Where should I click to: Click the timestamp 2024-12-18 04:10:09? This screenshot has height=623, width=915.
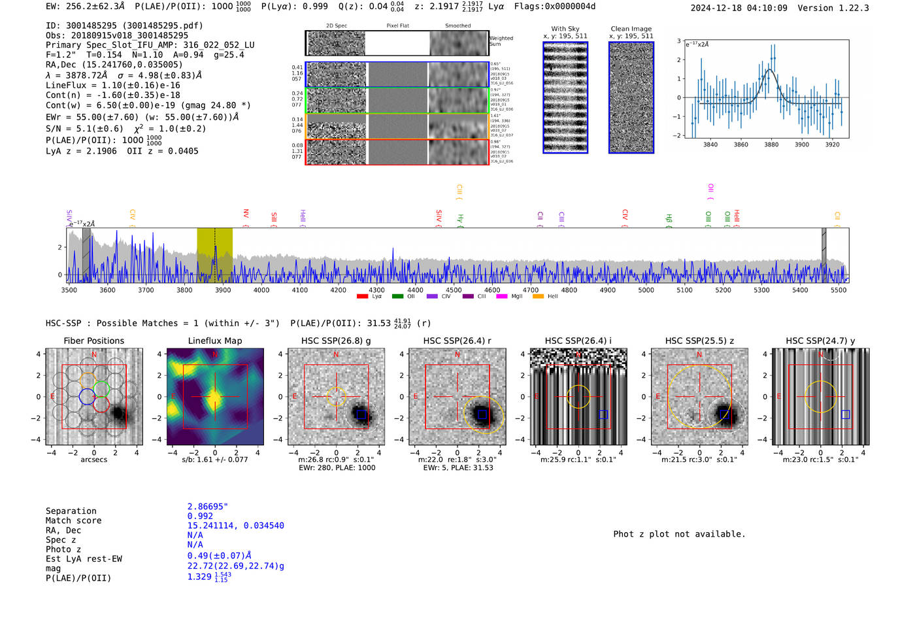(x=739, y=8)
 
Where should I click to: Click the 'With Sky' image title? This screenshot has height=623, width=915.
(x=565, y=29)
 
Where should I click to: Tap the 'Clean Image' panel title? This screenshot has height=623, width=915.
(x=631, y=29)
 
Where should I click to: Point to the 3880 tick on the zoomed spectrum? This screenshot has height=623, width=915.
(x=771, y=144)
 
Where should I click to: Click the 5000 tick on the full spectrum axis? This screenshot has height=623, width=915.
(x=646, y=290)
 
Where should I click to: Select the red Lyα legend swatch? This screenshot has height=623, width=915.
(x=362, y=297)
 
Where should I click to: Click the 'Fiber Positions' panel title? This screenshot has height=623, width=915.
(x=93, y=341)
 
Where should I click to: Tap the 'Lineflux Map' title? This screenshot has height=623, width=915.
(x=214, y=341)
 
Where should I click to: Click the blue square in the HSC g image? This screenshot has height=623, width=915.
(x=361, y=414)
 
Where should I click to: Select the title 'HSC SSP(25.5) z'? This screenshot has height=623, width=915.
(x=699, y=341)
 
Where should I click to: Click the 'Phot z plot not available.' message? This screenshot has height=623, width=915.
(x=679, y=534)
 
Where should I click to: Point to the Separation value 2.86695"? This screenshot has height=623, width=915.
(x=207, y=507)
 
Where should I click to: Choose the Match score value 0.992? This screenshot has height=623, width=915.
(x=200, y=516)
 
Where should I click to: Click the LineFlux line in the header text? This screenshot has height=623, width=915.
(x=112, y=85)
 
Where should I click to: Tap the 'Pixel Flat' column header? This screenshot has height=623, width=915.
(x=397, y=26)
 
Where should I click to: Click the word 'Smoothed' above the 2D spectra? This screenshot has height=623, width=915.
(x=457, y=26)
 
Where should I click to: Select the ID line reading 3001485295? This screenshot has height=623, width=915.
(x=124, y=25)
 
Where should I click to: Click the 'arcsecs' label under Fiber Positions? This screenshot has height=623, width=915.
(x=93, y=460)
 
